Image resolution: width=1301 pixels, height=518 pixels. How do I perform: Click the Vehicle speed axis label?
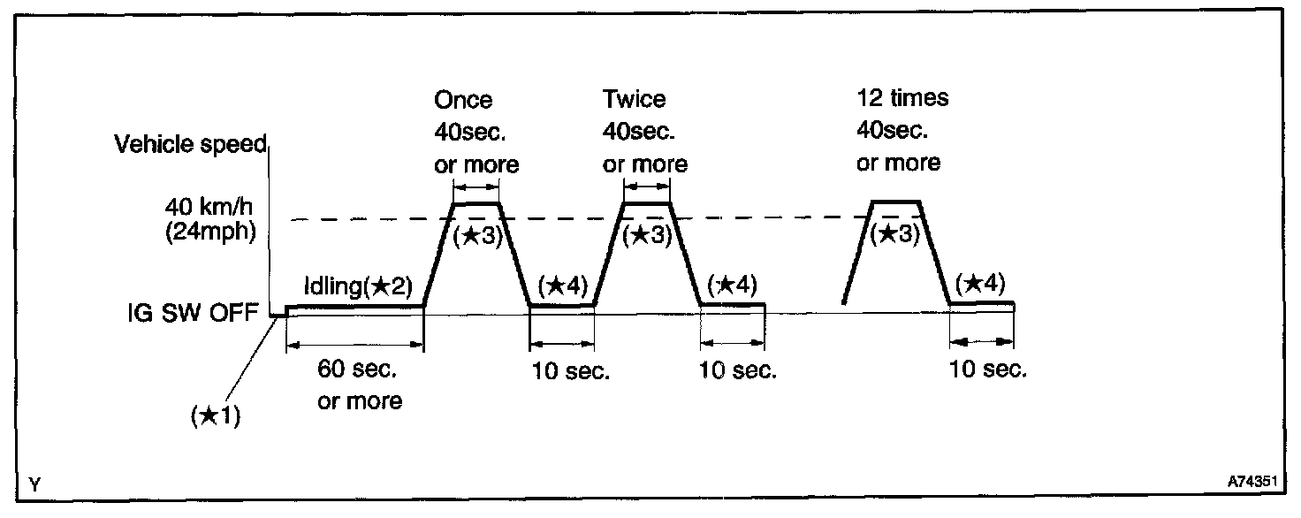(x=190, y=145)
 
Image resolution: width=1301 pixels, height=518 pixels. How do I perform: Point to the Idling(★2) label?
(x=358, y=288)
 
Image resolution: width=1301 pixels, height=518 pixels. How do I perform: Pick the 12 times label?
(x=902, y=97)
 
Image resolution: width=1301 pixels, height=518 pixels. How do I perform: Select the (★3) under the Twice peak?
(x=647, y=236)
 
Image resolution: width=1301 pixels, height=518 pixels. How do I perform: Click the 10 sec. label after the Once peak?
(x=570, y=371)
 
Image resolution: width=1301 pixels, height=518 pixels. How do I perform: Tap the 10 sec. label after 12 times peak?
(x=987, y=369)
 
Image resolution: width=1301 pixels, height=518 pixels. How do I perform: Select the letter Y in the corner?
(x=34, y=484)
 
